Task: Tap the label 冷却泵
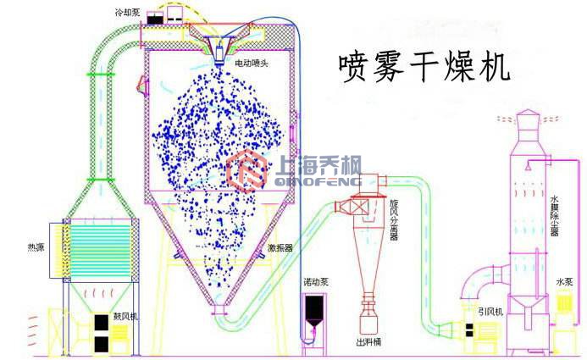coord(129,14)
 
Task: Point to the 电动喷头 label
coord(253,64)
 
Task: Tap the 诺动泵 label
coord(317,280)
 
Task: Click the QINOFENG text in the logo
coord(314,182)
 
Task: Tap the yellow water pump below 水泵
coord(562,326)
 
